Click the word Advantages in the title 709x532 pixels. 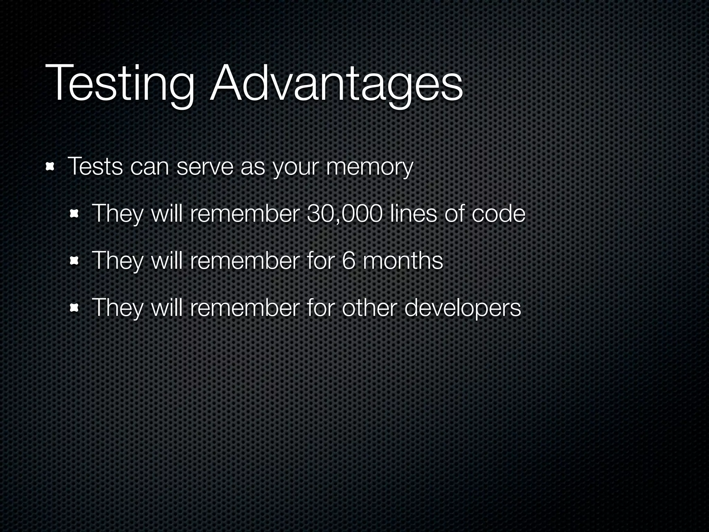(x=336, y=84)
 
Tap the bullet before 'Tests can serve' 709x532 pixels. (x=51, y=167)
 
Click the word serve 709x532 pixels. (x=205, y=167)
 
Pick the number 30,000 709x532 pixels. (x=344, y=214)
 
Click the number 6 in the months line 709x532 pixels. (x=349, y=260)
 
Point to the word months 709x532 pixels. (x=403, y=260)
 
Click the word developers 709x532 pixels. (x=463, y=308)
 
